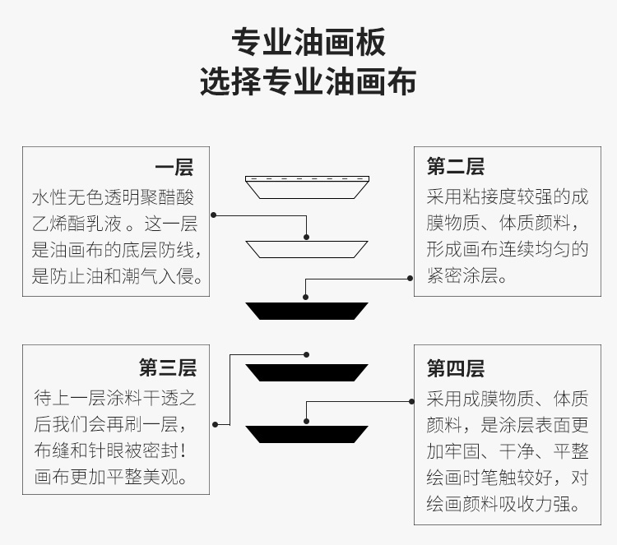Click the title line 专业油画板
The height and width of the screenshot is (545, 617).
308,42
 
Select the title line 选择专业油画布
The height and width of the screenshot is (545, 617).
308,81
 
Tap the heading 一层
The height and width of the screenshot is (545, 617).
174,168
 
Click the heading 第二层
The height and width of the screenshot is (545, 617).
456,166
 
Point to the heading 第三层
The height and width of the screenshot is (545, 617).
168,367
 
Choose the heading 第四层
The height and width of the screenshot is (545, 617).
456,368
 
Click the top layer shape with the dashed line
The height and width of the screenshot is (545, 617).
307,187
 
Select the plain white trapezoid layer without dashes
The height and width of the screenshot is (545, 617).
307,249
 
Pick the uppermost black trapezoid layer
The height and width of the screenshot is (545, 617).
307,311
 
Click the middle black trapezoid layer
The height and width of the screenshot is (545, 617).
307,372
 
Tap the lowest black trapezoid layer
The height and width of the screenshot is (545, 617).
307,435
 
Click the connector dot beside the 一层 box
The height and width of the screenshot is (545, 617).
214,215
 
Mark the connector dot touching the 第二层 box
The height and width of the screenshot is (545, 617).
410,279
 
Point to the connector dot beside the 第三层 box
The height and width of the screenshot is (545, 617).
216,425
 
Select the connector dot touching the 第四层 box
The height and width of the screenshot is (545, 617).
411,401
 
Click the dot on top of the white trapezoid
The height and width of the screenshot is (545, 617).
307,237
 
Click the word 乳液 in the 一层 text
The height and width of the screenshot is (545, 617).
104,224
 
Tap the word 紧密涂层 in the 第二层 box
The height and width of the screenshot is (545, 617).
462,275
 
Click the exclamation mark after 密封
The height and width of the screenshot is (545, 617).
183,450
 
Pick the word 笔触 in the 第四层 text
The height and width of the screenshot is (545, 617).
499,478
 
